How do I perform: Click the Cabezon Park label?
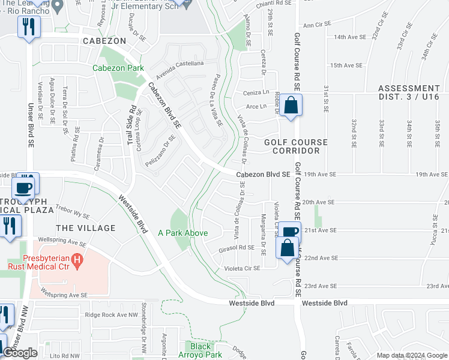coord(118,68)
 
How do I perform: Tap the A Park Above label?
coord(183,233)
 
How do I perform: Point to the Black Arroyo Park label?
coord(200,350)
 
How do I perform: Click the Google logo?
coord(20,353)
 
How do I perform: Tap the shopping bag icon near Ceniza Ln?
coord(291,105)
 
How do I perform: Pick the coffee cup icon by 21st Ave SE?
coord(289,232)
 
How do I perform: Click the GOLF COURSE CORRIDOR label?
coord(296,146)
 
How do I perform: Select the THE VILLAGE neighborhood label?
coord(85,228)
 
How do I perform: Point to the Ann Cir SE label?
coord(318,25)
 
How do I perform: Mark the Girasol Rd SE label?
coord(238,247)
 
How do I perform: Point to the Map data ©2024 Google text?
coord(412,355)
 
